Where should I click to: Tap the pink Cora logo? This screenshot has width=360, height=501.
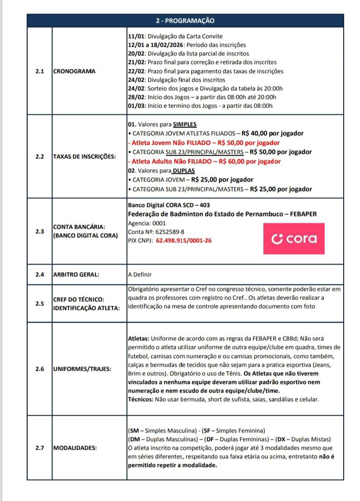click(x=294, y=239)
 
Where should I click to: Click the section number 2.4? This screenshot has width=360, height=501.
click(x=39, y=274)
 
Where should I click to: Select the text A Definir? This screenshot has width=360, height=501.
click(x=140, y=275)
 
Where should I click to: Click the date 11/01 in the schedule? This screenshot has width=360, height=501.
click(x=136, y=36)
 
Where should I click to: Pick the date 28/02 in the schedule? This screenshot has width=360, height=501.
click(x=136, y=97)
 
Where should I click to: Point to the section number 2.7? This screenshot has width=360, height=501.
click(x=39, y=448)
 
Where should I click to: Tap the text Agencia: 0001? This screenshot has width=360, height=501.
click(x=147, y=223)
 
